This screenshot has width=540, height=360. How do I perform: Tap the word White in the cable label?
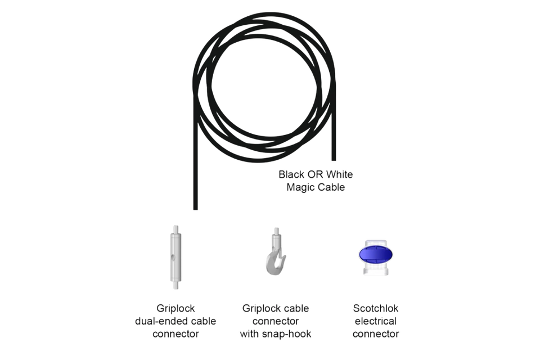click(x=339, y=174)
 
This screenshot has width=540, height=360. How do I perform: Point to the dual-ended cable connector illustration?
click(x=175, y=257)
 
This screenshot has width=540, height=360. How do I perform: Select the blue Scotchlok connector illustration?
click(x=376, y=257)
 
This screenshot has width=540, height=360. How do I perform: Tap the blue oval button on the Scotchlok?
click(x=376, y=255)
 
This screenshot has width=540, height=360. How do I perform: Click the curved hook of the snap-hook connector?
click(x=275, y=264)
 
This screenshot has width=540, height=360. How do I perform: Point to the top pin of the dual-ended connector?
click(x=175, y=229)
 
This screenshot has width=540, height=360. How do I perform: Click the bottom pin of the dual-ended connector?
click(x=175, y=285)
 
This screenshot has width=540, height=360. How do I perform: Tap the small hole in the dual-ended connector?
click(x=174, y=257)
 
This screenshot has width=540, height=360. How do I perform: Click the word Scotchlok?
click(x=376, y=308)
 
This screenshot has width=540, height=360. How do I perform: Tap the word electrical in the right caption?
click(x=376, y=321)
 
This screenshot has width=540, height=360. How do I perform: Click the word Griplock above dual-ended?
click(x=175, y=309)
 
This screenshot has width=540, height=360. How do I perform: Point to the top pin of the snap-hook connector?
click(x=276, y=231)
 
